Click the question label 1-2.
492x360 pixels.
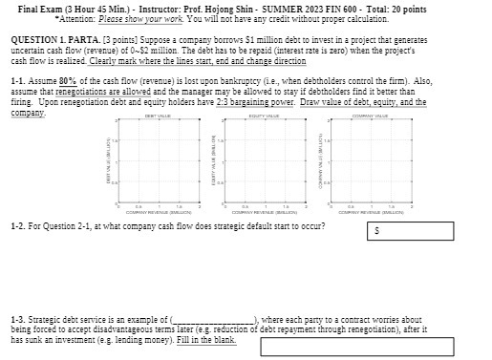(x=18, y=226)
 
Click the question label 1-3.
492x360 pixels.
(x=18, y=320)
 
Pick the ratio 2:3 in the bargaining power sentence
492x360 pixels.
(x=218, y=101)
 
